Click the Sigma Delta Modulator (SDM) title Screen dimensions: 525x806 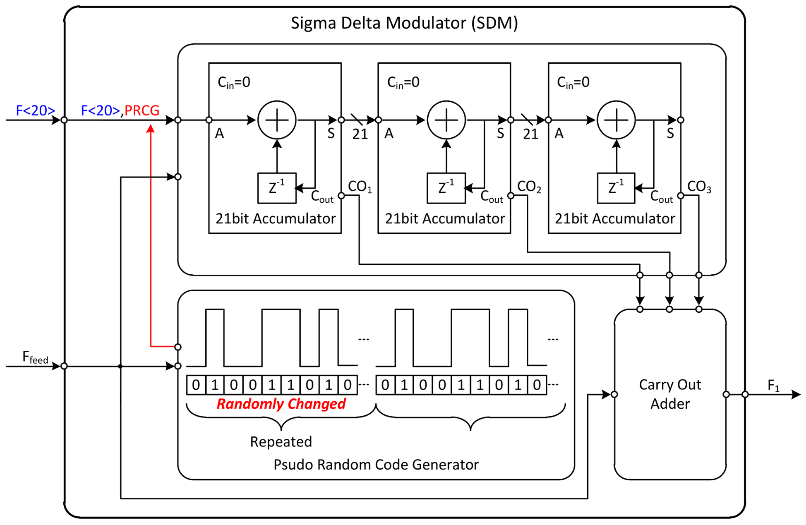tap(404, 23)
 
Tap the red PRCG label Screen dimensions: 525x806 tap(142, 110)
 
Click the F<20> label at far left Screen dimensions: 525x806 tap(35, 110)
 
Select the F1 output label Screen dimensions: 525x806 tap(773, 386)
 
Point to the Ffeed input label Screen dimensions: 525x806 tap(35, 357)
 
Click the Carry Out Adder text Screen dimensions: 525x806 tap(670, 394)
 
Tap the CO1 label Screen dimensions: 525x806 tap(360, 187)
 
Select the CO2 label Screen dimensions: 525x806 tap(529, 187)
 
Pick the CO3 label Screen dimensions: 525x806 tap(699, 187)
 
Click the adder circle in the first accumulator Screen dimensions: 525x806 tap(277, 120)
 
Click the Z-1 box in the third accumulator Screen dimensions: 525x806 tap(616, 188)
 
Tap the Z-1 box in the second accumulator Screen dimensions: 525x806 tap(446, 188)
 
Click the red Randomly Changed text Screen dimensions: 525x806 tap(281, 404)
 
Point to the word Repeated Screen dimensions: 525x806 tap(281, 441)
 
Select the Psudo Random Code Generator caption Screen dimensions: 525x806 tap(376, 465)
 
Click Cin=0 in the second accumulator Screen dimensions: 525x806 tap(403, 82)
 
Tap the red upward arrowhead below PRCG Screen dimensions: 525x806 tap(151, 129)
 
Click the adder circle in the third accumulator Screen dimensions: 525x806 tap(616, 120)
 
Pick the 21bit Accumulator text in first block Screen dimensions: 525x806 tap(276, 218)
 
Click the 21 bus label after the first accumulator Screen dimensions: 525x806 tap(360, 134)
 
